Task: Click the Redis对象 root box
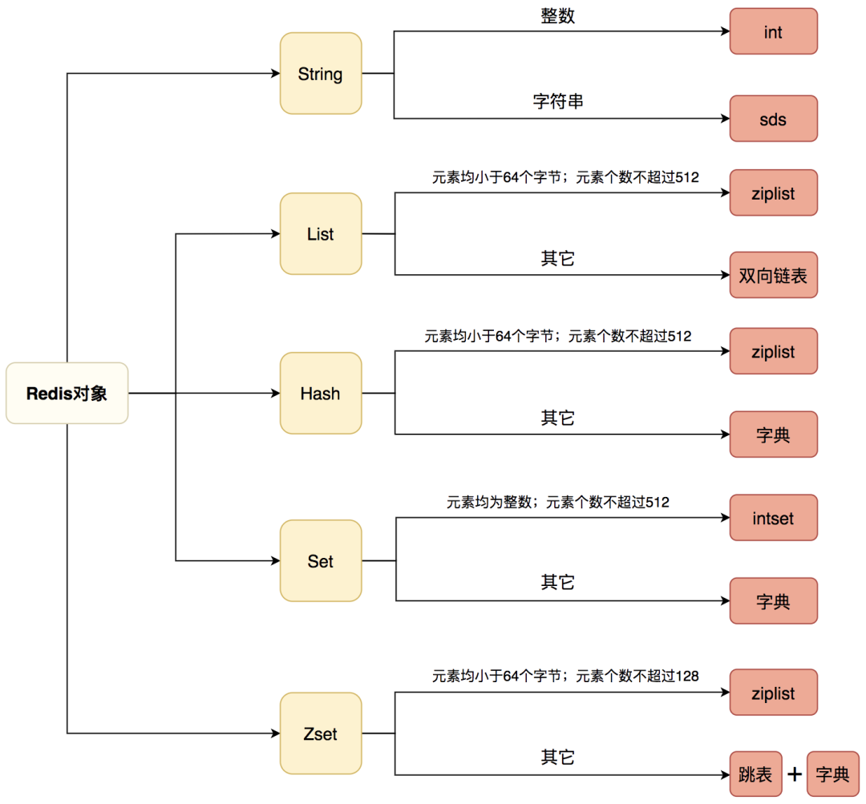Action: (x=67, y=394)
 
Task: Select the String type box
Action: (x=320, y=74)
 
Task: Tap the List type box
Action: (x=320, y=234)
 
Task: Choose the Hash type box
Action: (x=320, y=394)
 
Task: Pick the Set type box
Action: (x=320, y=561)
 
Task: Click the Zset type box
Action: (x=320, y=733)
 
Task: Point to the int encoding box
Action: (x=773, y=31)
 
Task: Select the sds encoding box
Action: (x=773, y=119)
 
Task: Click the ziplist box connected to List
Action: (x=773, y=192)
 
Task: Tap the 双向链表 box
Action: (x=773, y=275)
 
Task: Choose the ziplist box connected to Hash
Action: (x=773, y=351)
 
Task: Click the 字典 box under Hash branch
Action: (x=773, y=434)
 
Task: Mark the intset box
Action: (x=773, y=518)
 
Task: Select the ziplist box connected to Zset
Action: (x=773, y=693)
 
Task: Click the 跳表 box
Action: (x=755, y=774)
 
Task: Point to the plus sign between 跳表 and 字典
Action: (x=794, y=774)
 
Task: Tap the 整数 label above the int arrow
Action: (x=557, y=15)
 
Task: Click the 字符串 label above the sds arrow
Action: (x=557, y=102)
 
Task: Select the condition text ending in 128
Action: (x=565, y=676)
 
